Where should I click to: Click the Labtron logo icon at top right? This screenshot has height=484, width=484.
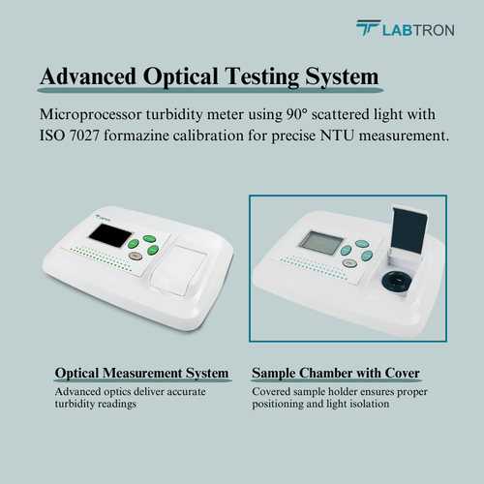click(x=368, y=28)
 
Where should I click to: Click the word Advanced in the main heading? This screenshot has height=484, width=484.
click(x=88, y=76)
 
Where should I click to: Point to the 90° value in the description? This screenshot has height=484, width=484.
click(x=295, y=114)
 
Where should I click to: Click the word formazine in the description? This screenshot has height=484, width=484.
click(x=136, y=136)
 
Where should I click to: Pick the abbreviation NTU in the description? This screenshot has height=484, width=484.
click(x=337, y=136)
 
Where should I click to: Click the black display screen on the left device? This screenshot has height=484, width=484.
click(x=110, y=236)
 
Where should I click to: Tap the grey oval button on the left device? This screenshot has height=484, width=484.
click(x=136, y=257)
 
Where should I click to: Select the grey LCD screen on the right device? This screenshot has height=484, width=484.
click(x=321, y=242)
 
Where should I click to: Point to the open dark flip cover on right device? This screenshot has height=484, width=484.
click(x=409, y=229)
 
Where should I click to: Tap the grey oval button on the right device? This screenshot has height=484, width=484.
click(x=348, y=263)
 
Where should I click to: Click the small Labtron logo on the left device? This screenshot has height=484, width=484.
click(x=104, y=218)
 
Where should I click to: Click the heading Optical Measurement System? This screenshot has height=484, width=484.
click(x=141, y=373)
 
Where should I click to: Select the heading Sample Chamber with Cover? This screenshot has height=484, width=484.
click(x=336, y=373)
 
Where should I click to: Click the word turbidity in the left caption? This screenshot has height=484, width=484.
click(x=75, y=404)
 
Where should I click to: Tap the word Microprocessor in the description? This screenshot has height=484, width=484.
click(x=90, y=115)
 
